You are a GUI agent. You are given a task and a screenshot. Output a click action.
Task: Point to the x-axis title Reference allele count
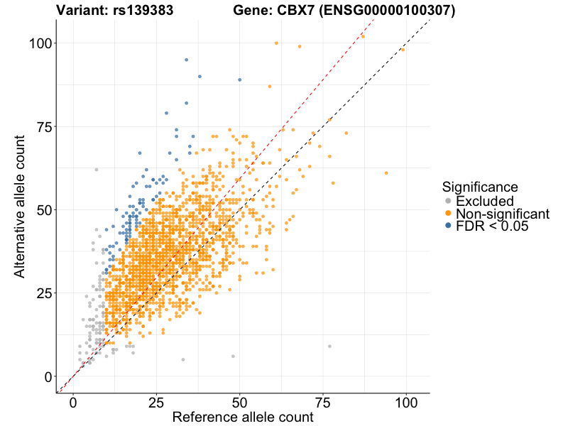[242, 417]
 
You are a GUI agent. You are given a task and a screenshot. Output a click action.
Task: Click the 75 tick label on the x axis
[323, 401]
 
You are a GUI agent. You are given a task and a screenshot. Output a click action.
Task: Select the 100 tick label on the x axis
[406, 401]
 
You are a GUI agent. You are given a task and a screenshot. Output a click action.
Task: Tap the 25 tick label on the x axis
[157, 401]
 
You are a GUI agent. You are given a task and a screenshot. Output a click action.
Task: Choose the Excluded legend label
[484, 201]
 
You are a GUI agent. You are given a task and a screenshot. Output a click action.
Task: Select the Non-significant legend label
[503, 214]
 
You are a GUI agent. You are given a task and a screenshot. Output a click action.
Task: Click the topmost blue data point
[187, 60]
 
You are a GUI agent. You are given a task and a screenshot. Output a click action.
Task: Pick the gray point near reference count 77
[329, 346]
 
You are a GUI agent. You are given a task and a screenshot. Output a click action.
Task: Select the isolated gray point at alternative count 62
[97, 170]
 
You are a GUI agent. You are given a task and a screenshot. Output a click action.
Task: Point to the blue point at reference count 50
[240, 80]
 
